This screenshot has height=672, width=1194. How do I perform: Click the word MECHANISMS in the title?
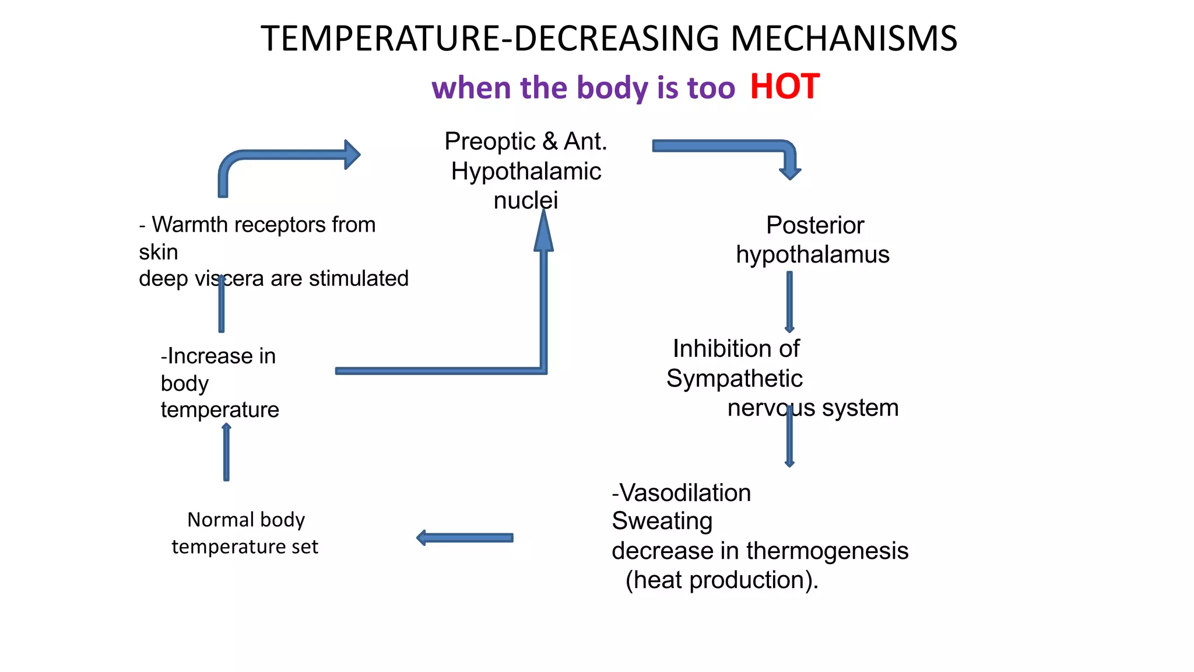coord(844,38)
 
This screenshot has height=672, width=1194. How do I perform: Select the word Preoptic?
coord(490,142)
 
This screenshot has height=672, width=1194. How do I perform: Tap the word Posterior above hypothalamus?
coord(814,225)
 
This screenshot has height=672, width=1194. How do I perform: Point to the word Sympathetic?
coord(734,379)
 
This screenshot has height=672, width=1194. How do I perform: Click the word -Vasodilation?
coord(681,493)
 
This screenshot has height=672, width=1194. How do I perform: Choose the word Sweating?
coord(662,521)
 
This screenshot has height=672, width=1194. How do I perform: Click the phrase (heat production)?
coord(722,580)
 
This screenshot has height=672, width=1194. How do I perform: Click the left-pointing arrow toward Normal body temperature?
coord(465,538)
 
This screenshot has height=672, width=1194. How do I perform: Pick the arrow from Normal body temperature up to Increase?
coord(226,452)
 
